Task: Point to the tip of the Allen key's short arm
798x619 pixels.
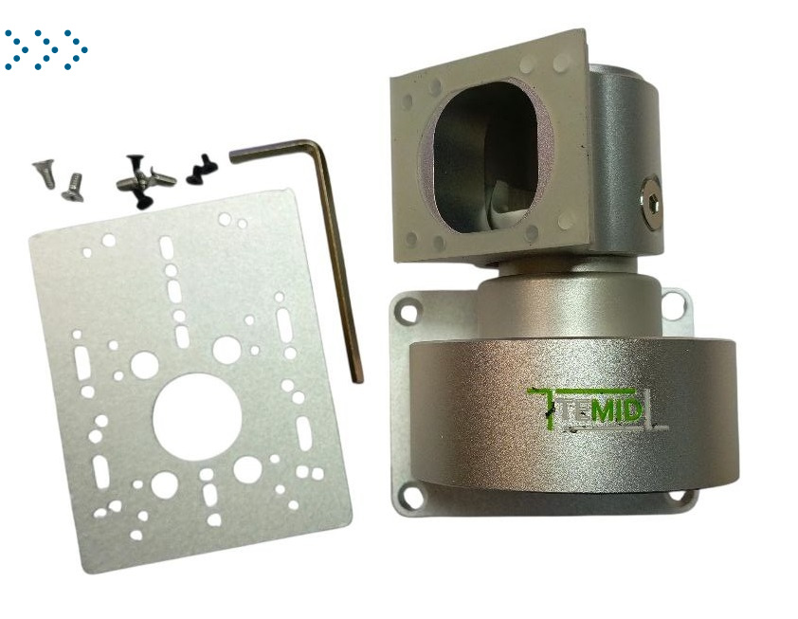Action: [232, 156]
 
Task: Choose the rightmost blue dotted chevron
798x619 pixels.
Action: [76, 49]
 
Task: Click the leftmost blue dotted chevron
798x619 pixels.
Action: [16, 49]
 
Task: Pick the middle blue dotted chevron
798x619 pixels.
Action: [46, 49]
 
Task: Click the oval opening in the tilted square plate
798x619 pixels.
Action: [486, 157]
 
